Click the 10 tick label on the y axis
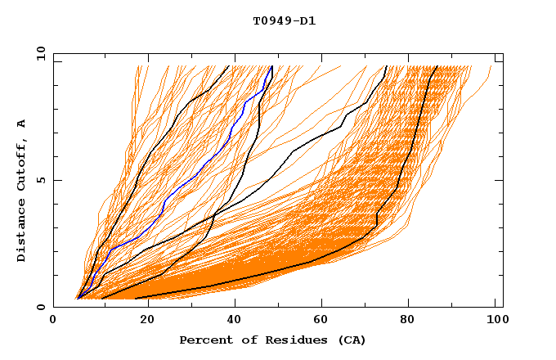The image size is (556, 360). pyautogui.click(x=40, y=53)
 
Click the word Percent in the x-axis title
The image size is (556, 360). pyautogui.click(x=204, y=340)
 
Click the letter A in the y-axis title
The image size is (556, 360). pyautogui.click(x=21, y=123)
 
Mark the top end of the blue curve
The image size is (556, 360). pyautogui.click(x=271, y=66)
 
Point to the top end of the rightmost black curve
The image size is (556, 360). pyautogui.click(x=437, y=66)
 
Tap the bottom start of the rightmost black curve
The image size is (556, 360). pyautogui.click(x=135, y=299)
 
